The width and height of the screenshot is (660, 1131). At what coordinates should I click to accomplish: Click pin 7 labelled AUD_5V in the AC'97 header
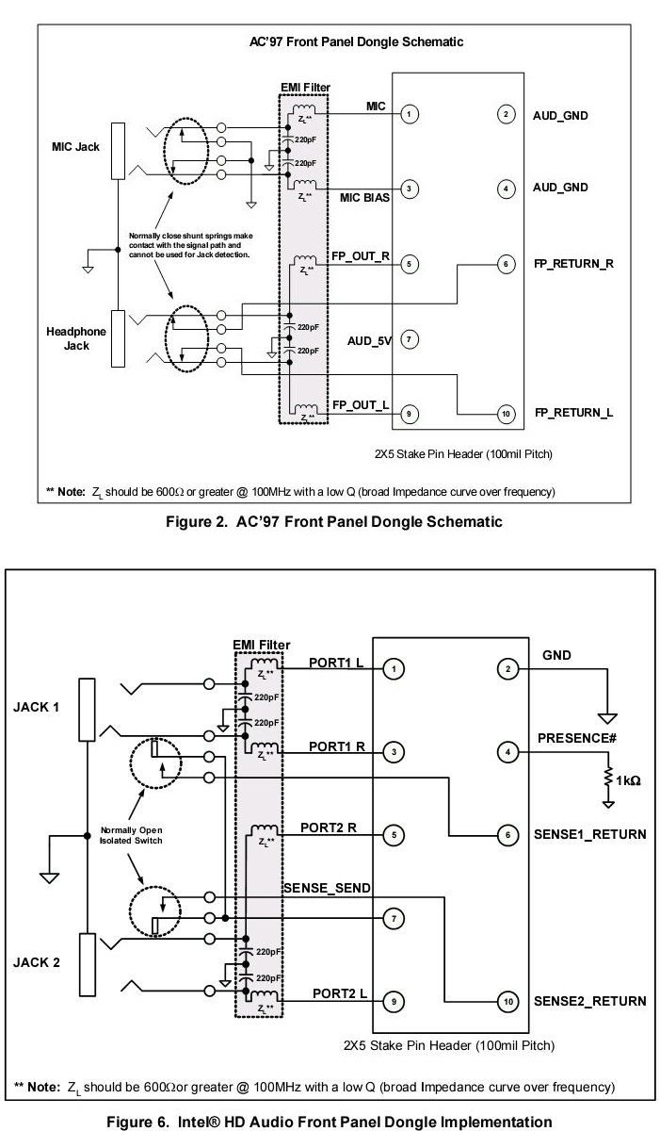409,339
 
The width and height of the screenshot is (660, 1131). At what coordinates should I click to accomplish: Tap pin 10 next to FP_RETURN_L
506,414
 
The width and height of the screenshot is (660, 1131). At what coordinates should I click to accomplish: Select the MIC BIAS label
364,197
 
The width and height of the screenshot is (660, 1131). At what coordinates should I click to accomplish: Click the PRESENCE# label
577,738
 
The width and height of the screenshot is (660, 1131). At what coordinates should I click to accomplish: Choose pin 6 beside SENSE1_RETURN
507,835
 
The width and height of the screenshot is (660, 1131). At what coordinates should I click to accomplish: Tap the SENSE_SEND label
327,888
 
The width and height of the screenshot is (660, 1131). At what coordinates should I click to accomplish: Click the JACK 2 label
37,962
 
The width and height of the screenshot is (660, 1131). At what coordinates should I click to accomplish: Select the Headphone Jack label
76,338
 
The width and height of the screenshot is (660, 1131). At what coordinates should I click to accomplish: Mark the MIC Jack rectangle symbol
118,151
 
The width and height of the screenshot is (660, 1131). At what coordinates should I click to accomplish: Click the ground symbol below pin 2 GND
607,718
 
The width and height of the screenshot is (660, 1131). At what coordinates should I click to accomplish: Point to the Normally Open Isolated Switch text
131,835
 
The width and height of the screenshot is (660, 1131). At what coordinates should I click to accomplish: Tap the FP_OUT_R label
361,256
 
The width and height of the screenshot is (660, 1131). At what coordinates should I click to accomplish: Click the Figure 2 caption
334,521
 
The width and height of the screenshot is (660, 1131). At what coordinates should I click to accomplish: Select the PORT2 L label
340,993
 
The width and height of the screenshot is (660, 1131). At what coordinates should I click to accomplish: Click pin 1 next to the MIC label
409,114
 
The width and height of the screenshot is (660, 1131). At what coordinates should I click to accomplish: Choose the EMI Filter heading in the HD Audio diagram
261,645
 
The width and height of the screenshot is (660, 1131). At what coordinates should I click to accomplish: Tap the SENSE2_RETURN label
590,1001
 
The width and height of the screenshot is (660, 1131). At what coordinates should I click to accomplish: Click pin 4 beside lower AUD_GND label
506,189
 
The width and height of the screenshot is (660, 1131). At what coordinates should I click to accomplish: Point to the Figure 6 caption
330,1122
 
